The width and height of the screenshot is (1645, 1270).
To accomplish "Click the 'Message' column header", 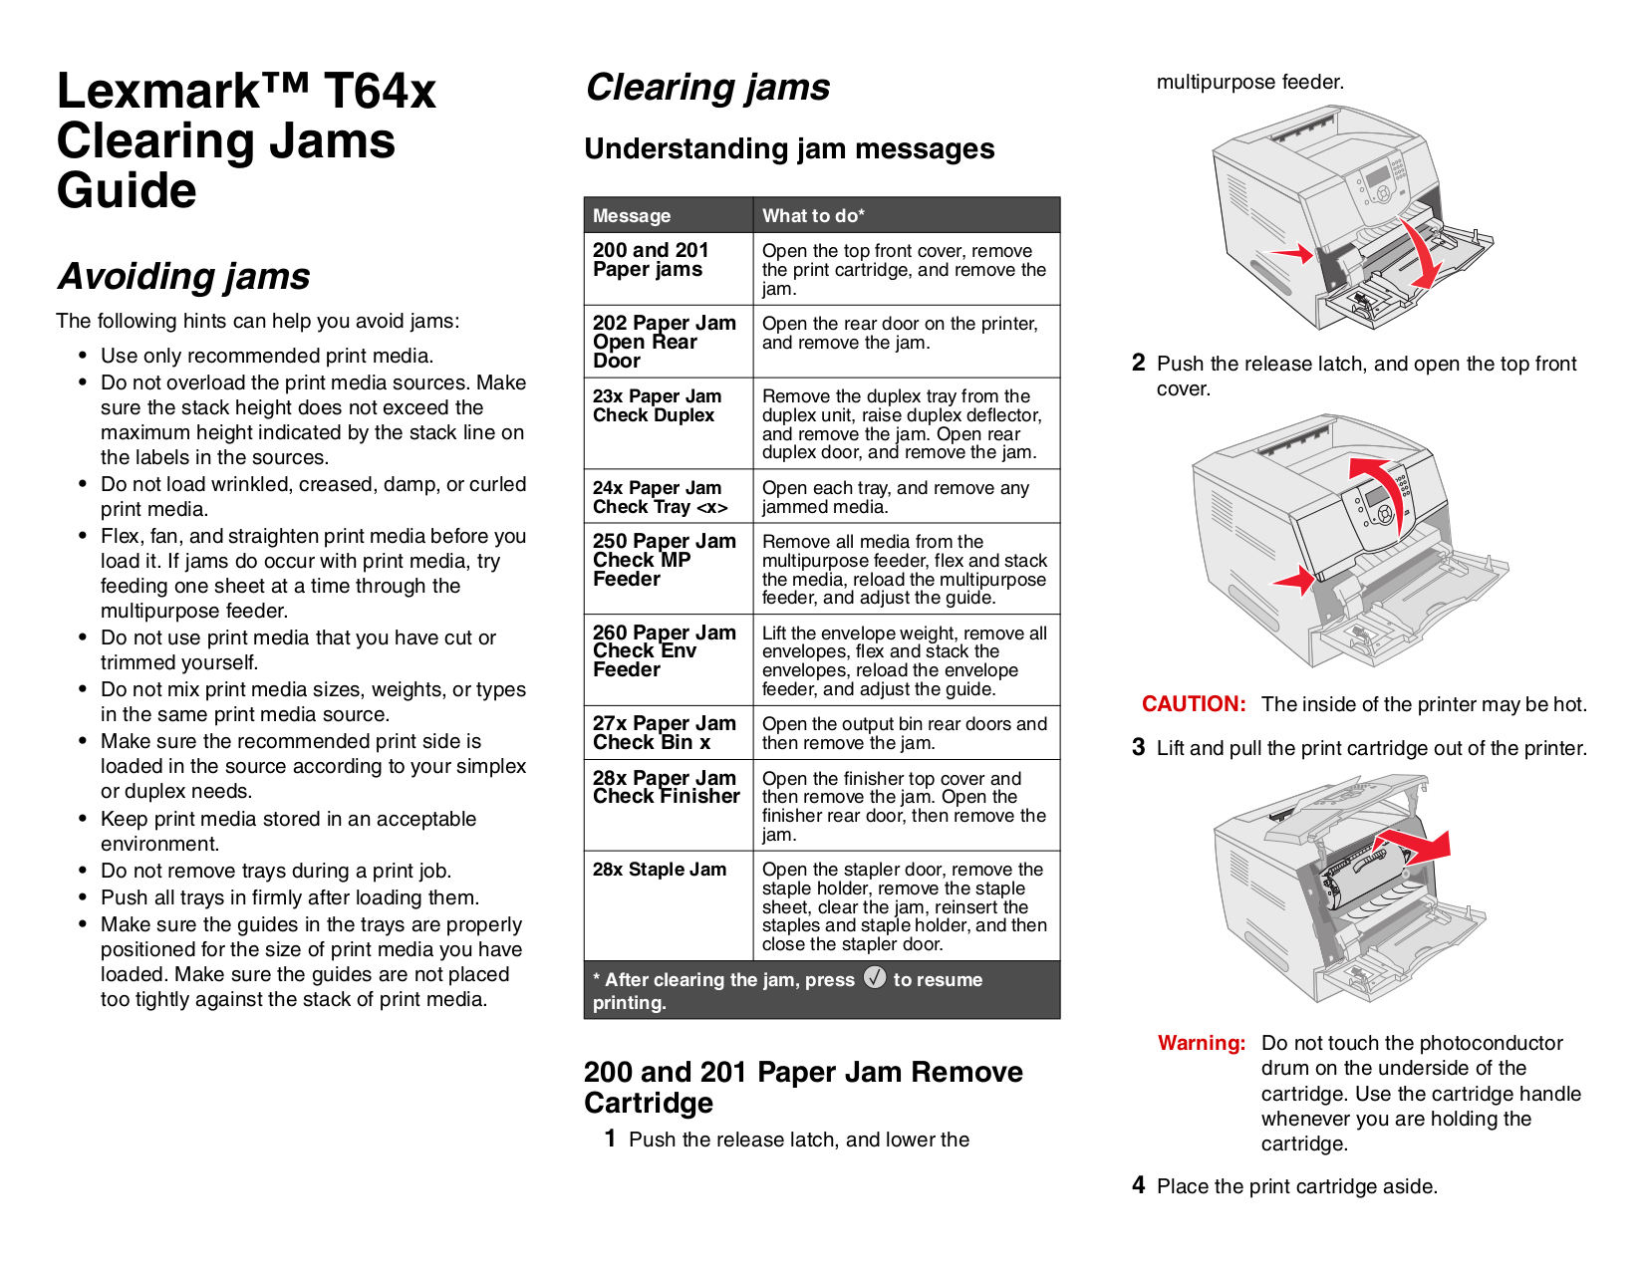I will click(x=632, y=216).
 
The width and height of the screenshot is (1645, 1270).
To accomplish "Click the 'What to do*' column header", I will click(x=813, y=216).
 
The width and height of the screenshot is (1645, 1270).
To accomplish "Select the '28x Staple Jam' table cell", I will click(x=660, y=870).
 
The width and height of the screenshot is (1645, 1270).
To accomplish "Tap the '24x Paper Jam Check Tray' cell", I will click(x=660, y=497).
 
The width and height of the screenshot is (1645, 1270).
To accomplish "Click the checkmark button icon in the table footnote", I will click(x=875, y=977).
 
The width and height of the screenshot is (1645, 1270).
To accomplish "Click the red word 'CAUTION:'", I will click(x=1194, y=704).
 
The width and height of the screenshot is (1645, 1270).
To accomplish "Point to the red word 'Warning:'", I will click(x=1202, y=1043).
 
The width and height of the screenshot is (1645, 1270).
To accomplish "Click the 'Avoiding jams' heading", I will click(x=184, y=276).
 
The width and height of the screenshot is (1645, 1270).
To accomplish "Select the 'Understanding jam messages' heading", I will click(x=789, y=148).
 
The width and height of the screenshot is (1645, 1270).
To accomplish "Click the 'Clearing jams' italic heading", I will click(x=707, y=88).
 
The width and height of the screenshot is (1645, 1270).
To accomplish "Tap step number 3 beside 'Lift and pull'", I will click(x=1138, y=747).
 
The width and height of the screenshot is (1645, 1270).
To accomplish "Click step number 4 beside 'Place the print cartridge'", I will click(x=1138, y=1185).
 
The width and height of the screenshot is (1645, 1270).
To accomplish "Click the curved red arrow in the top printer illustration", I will click(x=1421, y=252).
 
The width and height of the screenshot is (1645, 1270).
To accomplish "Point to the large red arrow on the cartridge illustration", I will click(x=1420, y=846).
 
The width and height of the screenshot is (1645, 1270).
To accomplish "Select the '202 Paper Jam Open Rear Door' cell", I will click(x=664, y=342).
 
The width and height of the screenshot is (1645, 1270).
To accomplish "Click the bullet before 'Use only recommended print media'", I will click(x=84, y=357).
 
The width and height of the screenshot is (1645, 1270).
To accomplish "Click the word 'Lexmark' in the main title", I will click(x=159, y=92).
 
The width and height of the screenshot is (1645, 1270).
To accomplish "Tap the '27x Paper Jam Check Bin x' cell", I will click(x=664, y=733).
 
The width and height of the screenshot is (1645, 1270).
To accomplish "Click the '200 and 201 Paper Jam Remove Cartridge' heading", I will click(x=802, y=1087).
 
